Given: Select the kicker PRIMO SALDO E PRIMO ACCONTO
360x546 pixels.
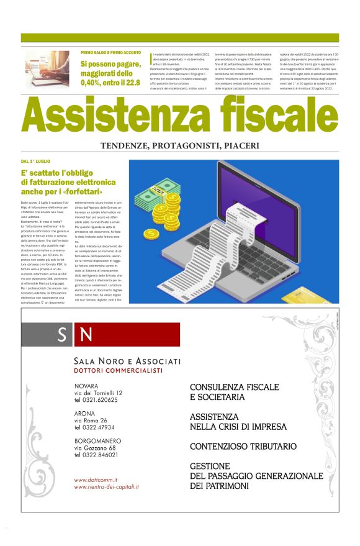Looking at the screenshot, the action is click(110, 53).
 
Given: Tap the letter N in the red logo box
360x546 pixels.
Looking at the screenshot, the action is click(87, 335).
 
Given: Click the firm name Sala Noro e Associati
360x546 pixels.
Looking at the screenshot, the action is click(127, 362).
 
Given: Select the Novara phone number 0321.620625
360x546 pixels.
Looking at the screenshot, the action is click(96, 400).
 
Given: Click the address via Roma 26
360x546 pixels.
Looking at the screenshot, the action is click(91, 420).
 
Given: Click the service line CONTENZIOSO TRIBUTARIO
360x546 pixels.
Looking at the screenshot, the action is click(243, 446).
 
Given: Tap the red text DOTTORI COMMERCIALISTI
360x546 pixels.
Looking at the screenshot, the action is click(118, 371).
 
